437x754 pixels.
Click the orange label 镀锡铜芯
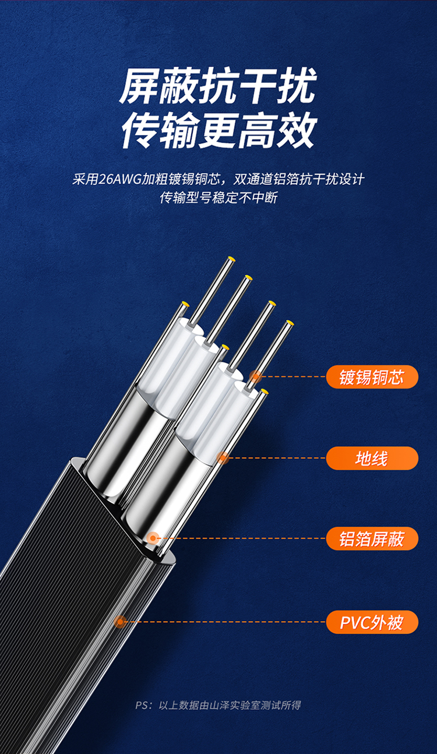coord(372,377)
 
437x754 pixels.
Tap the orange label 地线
coord(372,458)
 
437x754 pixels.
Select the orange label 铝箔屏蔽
coord(372,538)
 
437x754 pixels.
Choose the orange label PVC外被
coord(372,622)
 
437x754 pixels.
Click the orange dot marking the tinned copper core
coord(255,376)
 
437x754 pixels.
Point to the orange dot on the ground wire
coord(223,458)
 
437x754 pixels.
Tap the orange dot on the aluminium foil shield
coord(153,538)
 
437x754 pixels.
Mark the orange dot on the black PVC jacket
coord(120,621)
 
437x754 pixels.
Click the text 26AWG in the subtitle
coord(120,179)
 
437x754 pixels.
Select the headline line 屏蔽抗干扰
coord(218,86)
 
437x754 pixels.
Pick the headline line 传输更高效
coord(218,131)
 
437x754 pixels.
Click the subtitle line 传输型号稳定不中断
coord(218,198)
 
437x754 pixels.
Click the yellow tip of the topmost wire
coord(231,259)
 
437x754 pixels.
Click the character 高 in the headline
coord(257,131)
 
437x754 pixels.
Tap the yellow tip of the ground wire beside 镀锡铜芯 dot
coord(264,391)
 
